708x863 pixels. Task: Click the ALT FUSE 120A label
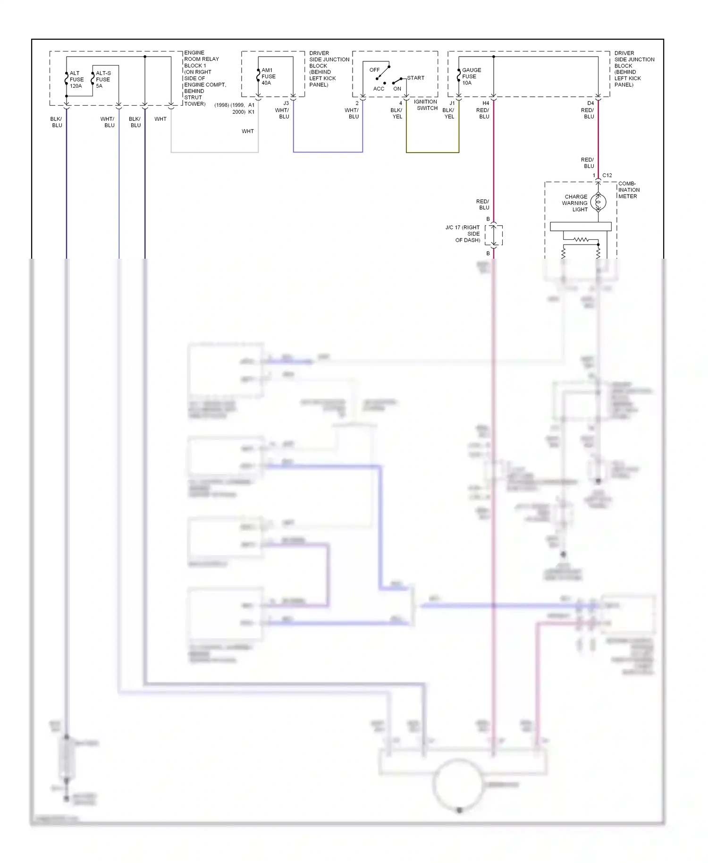click(x=76, y=79)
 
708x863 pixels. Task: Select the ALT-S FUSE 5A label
click(x=103, y=79)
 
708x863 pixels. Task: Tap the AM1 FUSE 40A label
click(x=268, y=76)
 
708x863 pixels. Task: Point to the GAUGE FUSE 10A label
click(x=471, y=76)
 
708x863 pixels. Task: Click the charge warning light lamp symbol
click(x=598, y=203)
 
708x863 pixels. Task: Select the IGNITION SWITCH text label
click(x=426, y=105)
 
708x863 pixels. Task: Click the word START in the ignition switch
click(x=415, y=78)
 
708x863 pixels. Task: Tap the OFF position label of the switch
click(x=374, y=70)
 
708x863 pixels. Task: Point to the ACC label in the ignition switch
click(x=379, y=89)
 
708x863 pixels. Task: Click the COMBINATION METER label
click(x=628, y=190)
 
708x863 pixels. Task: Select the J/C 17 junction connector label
click(x=463, y=234)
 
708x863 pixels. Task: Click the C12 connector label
click(x=607, y=175)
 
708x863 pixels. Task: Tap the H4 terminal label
click(x=486, y=103)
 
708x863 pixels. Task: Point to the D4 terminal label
click(x=590, y=103)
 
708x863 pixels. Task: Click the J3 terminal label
click(x=286, y=103)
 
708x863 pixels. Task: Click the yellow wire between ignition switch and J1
click(x=432, y=152)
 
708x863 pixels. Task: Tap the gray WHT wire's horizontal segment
click(x=214, y=152)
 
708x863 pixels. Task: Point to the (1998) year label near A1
click(x=221, y=105)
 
